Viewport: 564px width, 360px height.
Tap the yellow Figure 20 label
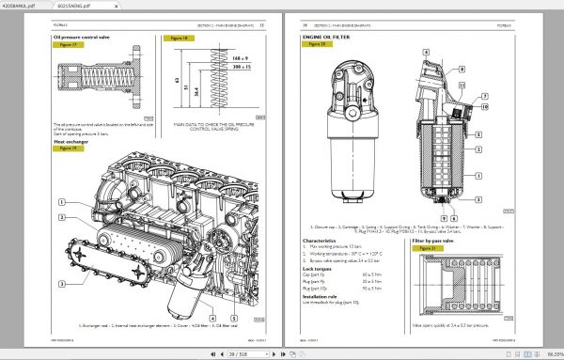[x=315, y=45]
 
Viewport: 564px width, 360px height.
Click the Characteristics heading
[x=321, y=240]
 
